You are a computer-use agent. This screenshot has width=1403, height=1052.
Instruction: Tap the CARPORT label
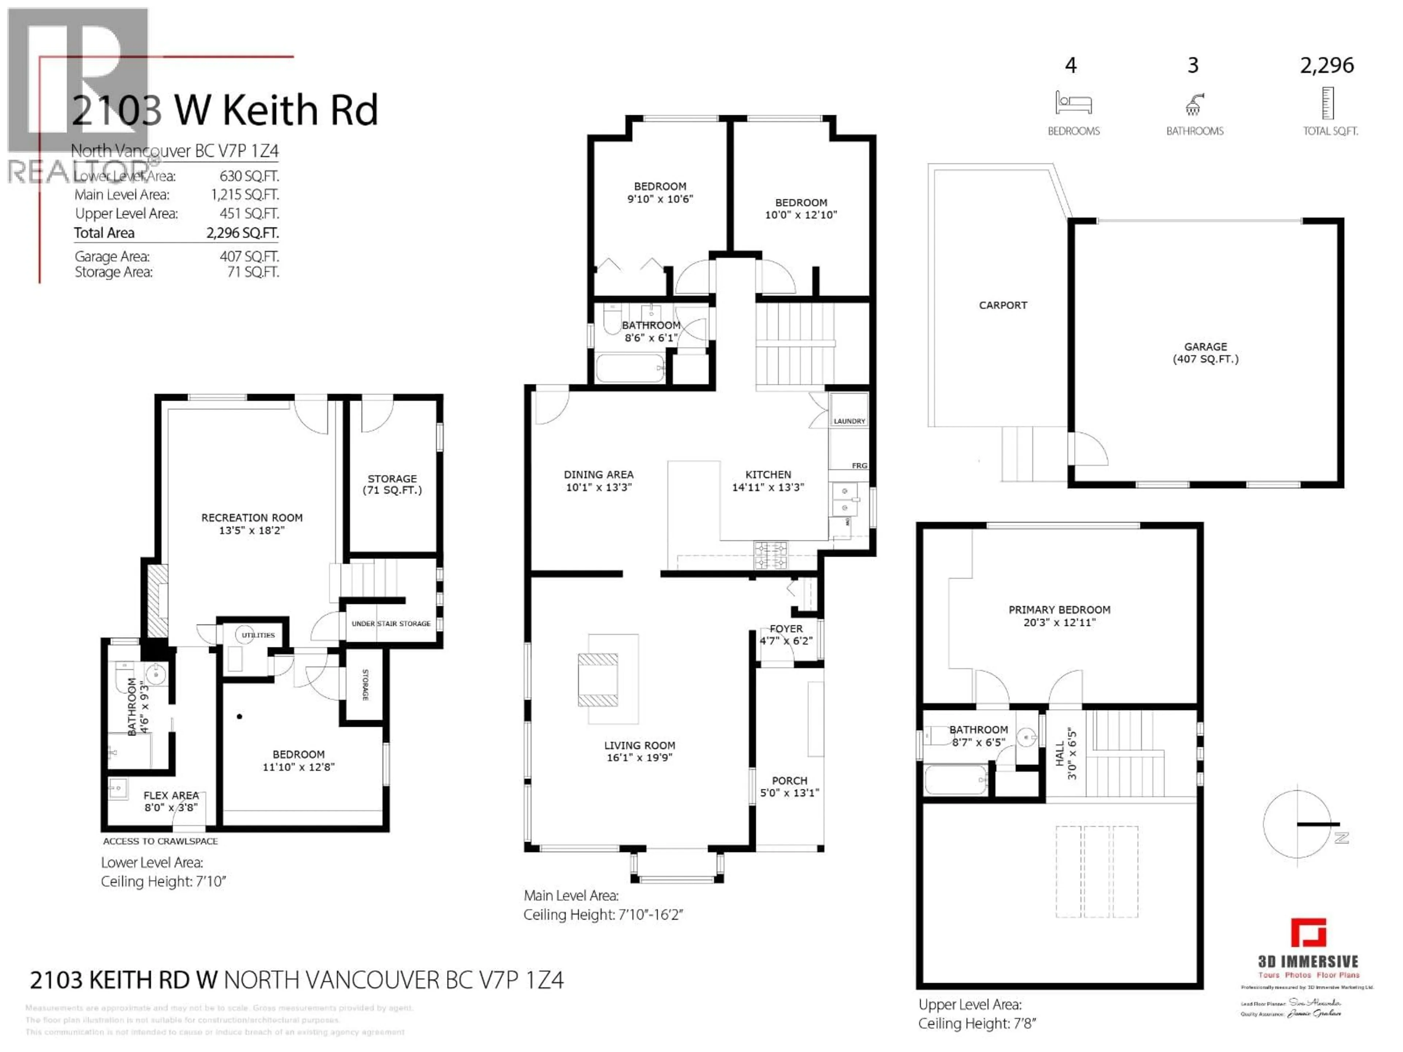[x=1003, y=305]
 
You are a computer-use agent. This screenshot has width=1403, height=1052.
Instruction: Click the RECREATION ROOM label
[x=252, y=518]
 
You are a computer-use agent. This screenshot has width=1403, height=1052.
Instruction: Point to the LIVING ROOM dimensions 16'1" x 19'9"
[x=639, y=757]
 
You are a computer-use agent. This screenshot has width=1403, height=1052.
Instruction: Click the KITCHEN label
[x=768, y=475]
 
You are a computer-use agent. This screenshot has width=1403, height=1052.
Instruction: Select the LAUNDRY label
[x=849, y=421]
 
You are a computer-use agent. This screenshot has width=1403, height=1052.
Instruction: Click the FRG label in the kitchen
[x=859, y=465]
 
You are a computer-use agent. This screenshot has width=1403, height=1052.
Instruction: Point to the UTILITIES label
[x=258, y=635]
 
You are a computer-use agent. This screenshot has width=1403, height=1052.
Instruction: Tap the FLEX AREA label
[x=171, y=795]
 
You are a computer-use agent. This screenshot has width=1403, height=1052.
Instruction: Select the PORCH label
[x=790, y=781]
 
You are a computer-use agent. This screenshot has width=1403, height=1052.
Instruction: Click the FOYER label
[x=787, y=628]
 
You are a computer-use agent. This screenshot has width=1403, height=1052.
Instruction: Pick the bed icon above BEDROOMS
[x=1073, y=103]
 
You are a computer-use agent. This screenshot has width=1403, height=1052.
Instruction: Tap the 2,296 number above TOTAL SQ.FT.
[x=1327, y=65]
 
